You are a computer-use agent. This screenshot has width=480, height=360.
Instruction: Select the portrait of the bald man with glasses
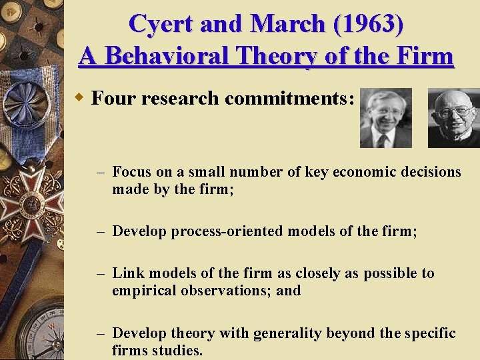[454, 118]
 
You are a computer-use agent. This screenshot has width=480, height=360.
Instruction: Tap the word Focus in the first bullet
[132, 172]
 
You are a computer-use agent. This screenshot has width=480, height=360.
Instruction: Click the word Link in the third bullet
[128, 273]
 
